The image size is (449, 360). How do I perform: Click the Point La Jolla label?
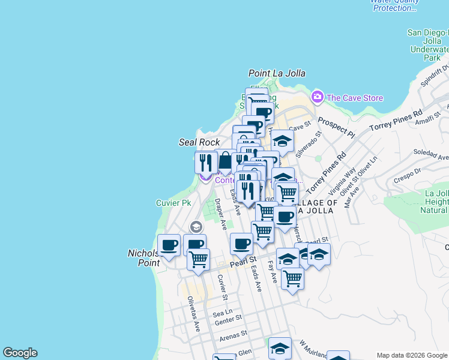tap(277, 73)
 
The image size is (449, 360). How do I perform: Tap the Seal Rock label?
tap(199, 142)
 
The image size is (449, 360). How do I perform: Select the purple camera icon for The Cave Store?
tap(317, 97)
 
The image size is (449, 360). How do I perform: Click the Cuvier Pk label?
tap(173, 203)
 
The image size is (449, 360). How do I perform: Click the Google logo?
tap(20, 353)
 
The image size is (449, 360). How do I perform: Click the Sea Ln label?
tap(222, 313)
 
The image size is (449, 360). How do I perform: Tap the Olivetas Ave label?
tap(193, 314)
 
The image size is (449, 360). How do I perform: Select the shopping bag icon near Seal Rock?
tap(224, 161)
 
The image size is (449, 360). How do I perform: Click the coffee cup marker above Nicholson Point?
tap(169, 245)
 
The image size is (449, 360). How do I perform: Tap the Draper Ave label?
tap(220, 215)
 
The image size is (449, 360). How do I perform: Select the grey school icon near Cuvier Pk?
tap(196, 227)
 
